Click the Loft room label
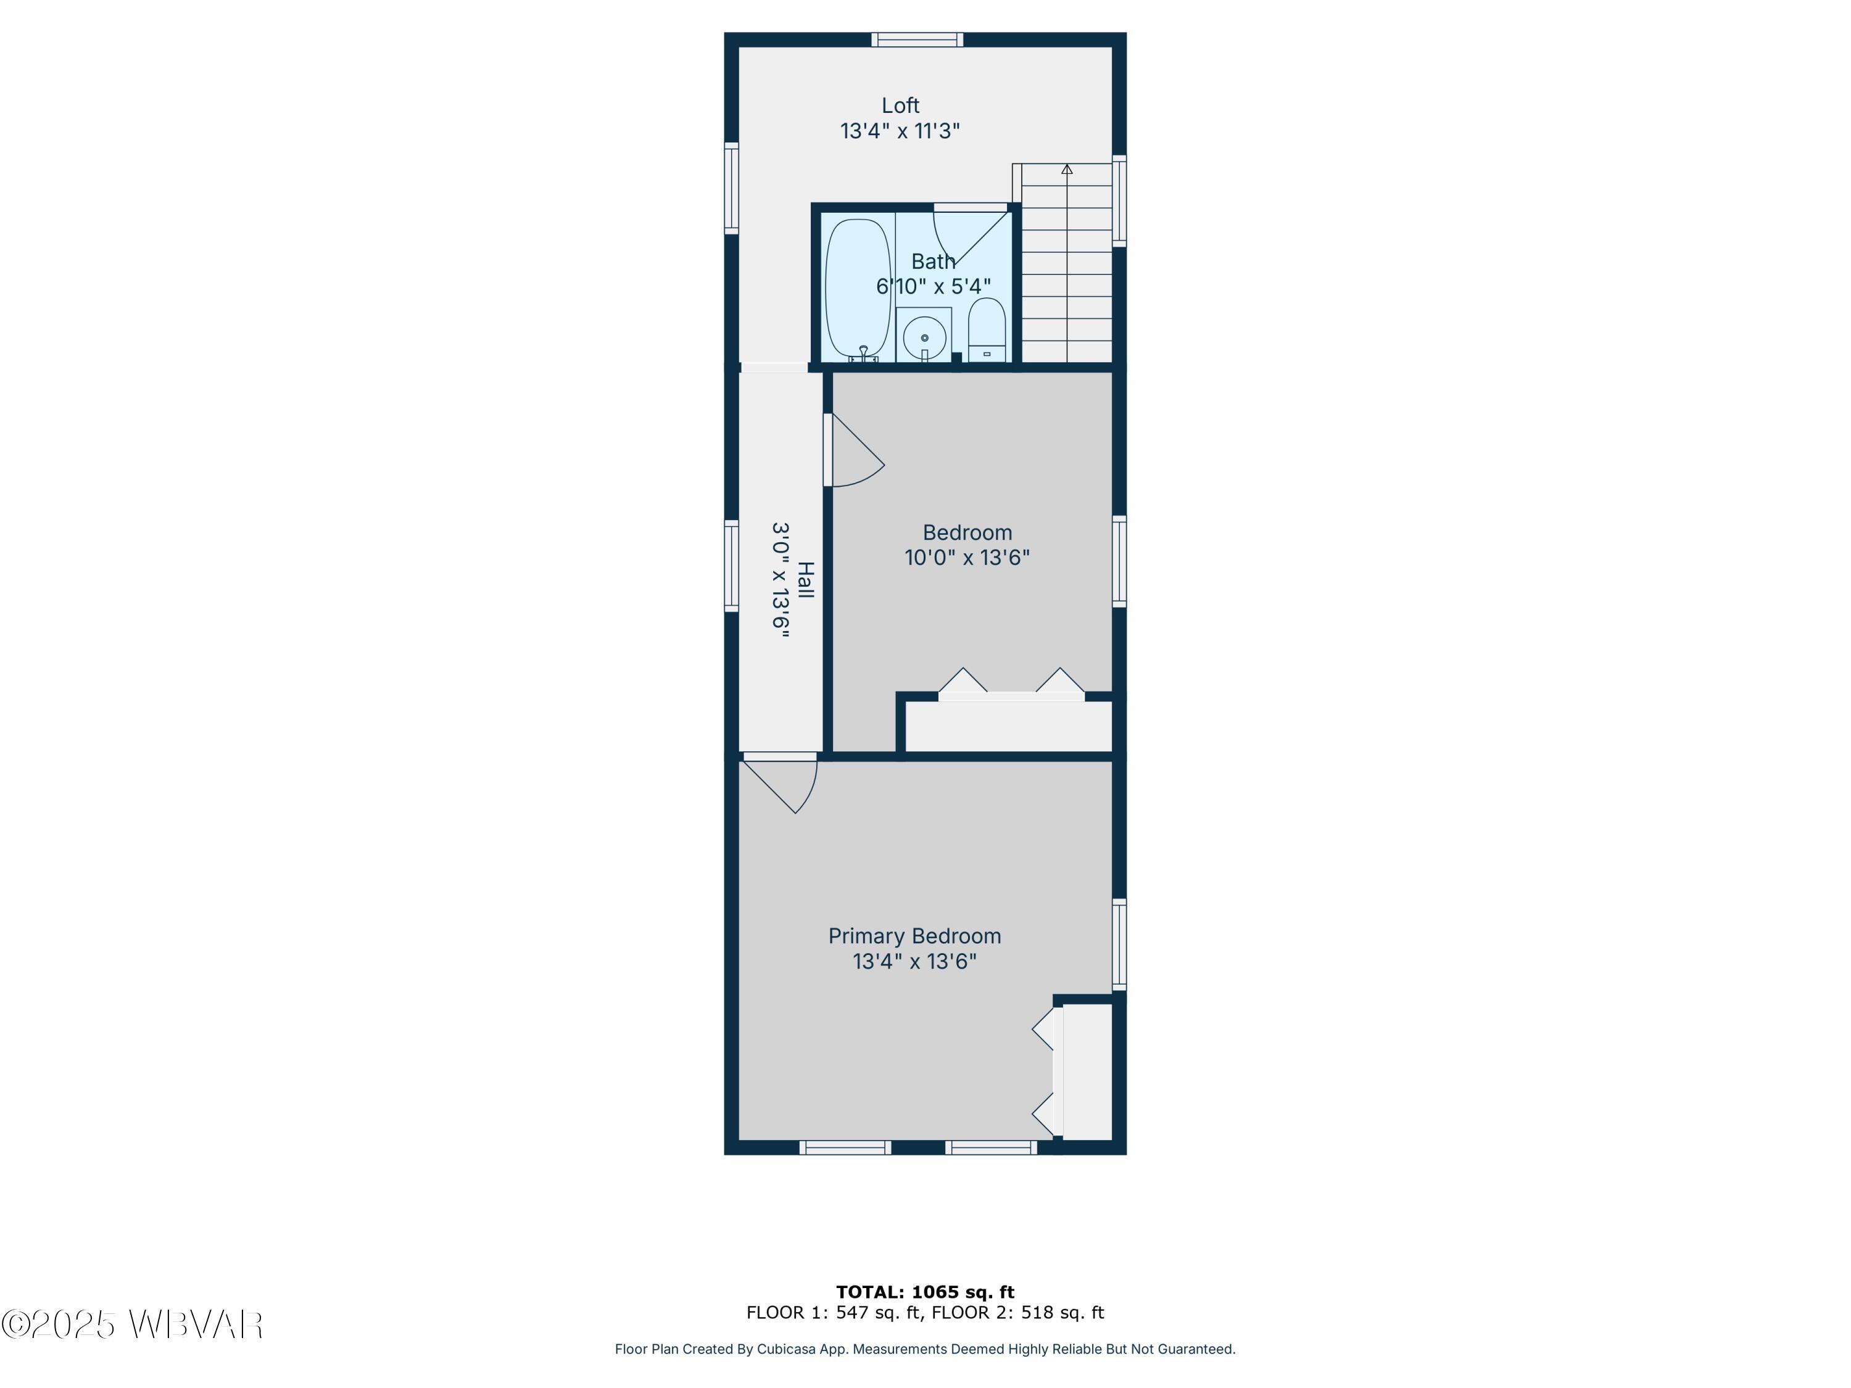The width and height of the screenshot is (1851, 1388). (x=900, y=105)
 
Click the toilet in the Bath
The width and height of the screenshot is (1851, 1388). (x=987, y=328)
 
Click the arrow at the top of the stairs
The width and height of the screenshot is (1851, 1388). (x=1067, y=169)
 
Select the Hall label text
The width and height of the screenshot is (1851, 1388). (x=805, y=580)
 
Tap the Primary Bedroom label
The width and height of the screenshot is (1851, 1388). (x=914, y=936)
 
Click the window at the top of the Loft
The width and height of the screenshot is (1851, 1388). (x=917, y=39)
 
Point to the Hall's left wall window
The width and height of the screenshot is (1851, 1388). (x=731, y=566)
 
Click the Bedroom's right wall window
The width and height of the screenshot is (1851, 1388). (x=1119, y=561)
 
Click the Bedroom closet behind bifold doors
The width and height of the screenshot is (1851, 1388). (x=1008, y=726)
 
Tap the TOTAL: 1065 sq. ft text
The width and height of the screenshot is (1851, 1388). (x=925, y=1292)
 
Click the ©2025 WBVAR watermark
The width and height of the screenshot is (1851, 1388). (x=132, y=1324)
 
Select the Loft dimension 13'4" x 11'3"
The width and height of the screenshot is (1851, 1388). (x=900, y=131)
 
